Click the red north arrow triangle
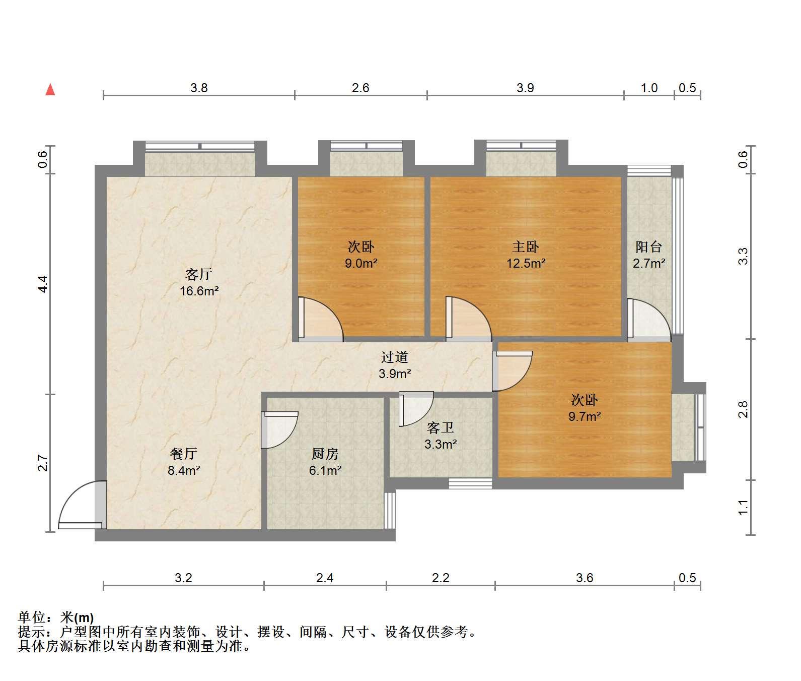pyautogui.click(x=50, y=90)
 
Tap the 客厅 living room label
pyautogui.click(x=199, y=275)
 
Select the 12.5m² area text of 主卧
pyautogui.click(x=526, y=263)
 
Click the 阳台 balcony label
pyautogui.click(x=648, y=247)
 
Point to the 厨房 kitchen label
pyautogui.click(x=325, y=454)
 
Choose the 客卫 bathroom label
pyautogui.click(x=441, y=428)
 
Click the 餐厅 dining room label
pyautogui.click(x=183, y=454)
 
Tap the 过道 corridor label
pyautogui.click(x=394, y=357)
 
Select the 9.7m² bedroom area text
pyautogui.click(x=585, y=416)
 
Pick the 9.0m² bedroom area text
pyautogui.click(x=361, y=263)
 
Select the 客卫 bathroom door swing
pyautogui.click(x=416, y=409)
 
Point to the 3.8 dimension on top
pyautogui.click(x=199, y=88)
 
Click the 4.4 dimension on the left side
pyautogui.click(x=43, y=284)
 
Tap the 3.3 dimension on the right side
pyautogui.click(x=743, y=256)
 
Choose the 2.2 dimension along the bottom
pyautogui.click(x=441, y=578)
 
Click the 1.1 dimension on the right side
pyautogui.click(x=743, y=507)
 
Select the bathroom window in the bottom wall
pyautogui.click(x=470, y=483)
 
